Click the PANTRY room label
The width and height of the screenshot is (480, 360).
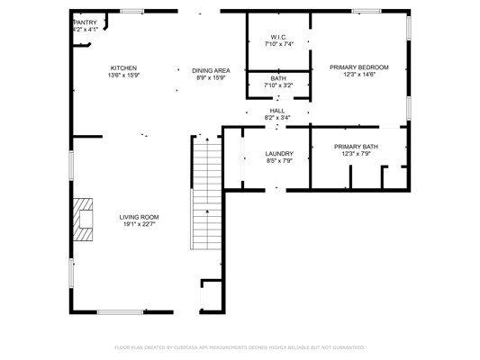click(x=86, y=22)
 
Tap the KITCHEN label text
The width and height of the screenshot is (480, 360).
click(x=123, y=67)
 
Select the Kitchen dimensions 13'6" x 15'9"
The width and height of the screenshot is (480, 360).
click(x=123, y=76)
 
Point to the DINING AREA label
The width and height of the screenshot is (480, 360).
click(x=211, y=71)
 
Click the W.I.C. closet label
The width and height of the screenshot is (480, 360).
click(x=279, y=37)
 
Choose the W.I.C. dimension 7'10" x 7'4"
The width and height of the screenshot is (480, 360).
click(x=279, y=44)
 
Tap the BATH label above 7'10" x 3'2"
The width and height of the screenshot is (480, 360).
click(x=278, y=78)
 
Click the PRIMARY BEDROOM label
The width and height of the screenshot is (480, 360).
click(x=359, y=67)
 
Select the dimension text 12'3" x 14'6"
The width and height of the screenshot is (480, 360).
click(x=359, y=75)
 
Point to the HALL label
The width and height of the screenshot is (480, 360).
click(x=277, y=111)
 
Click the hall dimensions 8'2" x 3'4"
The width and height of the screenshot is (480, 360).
click(x=277, y=118)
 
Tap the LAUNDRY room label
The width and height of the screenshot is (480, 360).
click(x=279, y=154)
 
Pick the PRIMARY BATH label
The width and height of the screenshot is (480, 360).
click(x=356, y=147)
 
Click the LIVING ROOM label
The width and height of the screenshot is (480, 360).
click(x=139, y=217)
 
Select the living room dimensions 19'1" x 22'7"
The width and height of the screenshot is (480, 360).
click(x=139, y=224)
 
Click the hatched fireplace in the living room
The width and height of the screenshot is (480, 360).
click(x=83, y=220)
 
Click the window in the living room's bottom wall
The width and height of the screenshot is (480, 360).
click(x=120, y=312)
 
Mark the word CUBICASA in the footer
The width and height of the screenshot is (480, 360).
click(x=186, y=347)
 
